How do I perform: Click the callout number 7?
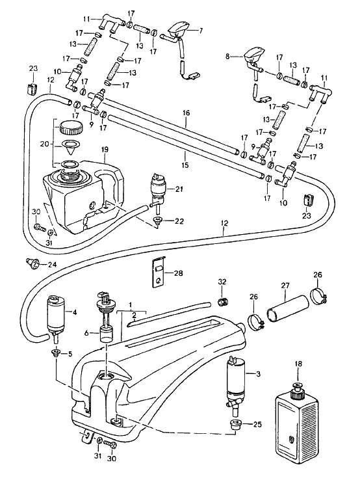[201, 30]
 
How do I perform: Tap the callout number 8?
[227, 57]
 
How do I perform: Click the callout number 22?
[179, 221]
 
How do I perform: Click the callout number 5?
[70, 354]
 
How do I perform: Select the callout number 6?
[86, 333]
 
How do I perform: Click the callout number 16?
[186, 113]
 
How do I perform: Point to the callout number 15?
[185, 165]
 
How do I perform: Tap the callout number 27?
[285, 286]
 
